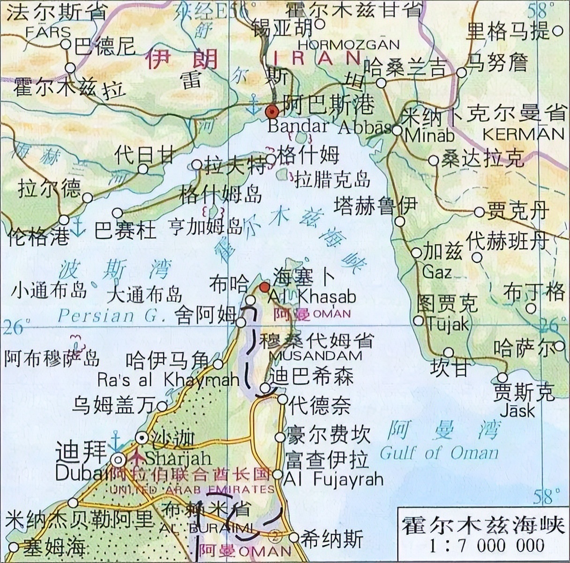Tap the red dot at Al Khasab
tap(265, 287)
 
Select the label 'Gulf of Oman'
tap(439, 453)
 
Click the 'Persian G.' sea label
tap(112, 315)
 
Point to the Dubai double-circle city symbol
tap(118, 458)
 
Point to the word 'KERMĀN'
tap(523, 134)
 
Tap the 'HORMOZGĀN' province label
tap(348, 45)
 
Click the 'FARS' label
tap(48, 32)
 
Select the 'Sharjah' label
tap(172, 457)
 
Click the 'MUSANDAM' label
tap(316, 355)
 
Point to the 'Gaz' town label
tap(436, 272)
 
